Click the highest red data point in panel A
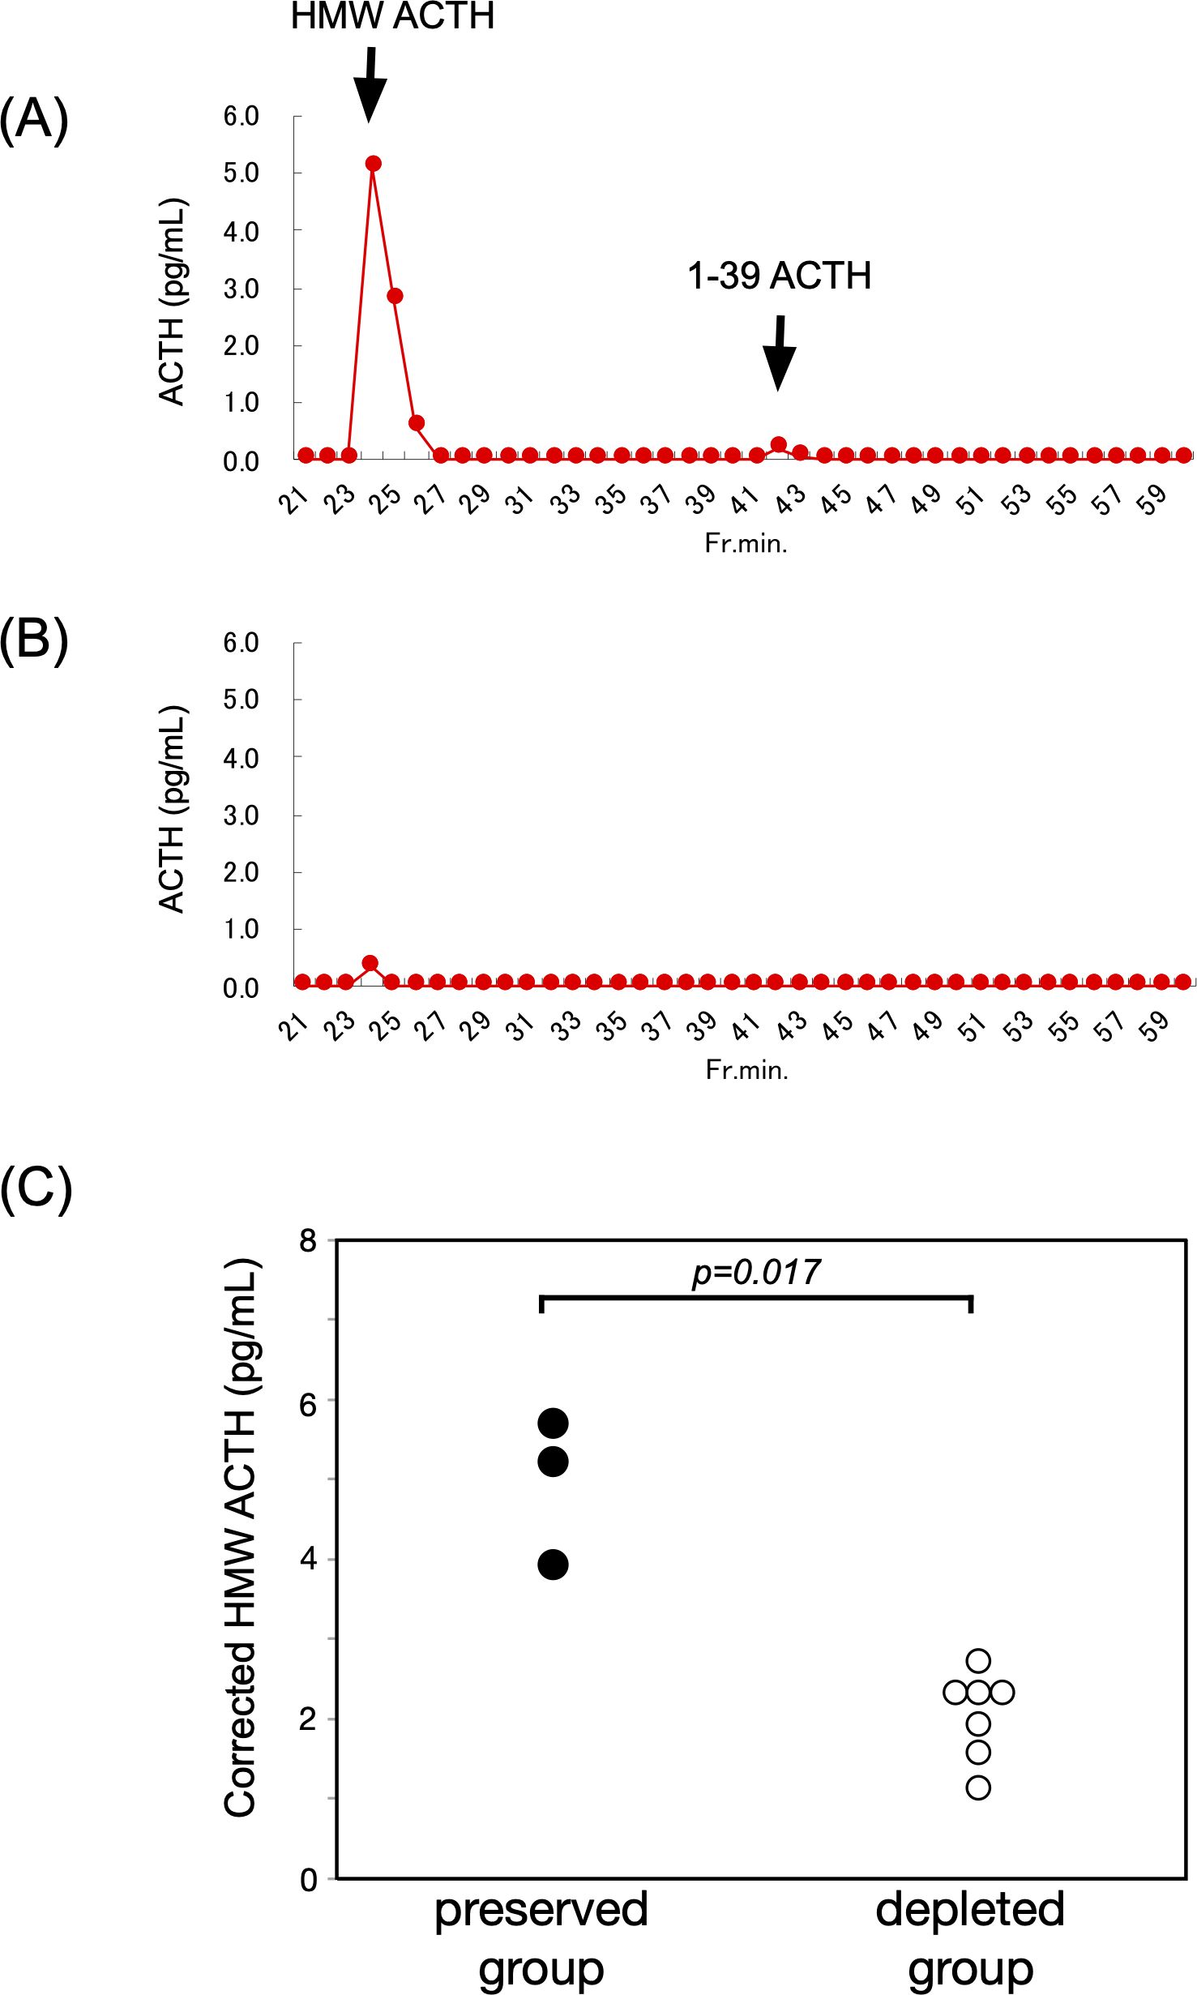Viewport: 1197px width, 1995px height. tap(373, 164)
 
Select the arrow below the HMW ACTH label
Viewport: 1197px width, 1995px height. tap(370, 85)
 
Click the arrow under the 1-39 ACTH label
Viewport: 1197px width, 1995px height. tap(779, 353)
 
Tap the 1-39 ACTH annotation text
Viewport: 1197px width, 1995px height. tap(779, 276)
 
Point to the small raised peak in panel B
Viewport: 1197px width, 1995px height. tap(370, 963)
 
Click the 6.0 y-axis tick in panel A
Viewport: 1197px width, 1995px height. tap(241, 116)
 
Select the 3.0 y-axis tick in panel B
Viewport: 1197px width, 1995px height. tap(241, 816)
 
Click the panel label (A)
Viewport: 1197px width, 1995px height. tap(34, 119)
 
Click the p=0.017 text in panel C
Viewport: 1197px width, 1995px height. tap(755, 1272)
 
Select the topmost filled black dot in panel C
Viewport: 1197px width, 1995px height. tap(553, 1423)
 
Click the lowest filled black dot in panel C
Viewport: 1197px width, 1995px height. tap(553, 1565)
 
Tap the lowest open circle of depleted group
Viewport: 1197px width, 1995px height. tap(978, 1787)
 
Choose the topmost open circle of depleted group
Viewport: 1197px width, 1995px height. tap(978, 1661)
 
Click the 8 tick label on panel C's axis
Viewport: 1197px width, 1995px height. tap(308, 1240)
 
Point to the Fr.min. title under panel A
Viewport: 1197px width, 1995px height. tap(746, 543)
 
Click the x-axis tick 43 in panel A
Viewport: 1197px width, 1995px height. tap(790, 499)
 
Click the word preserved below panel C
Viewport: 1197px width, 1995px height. tap(541, 1909)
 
